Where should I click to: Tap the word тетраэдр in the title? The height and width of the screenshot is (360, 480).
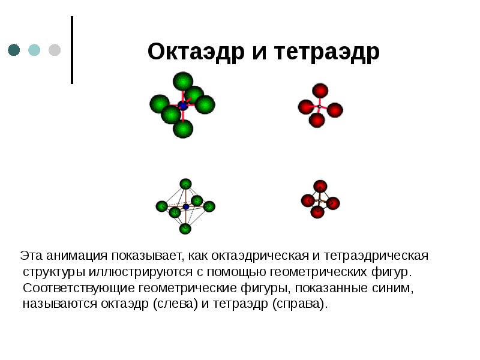pos(328,52)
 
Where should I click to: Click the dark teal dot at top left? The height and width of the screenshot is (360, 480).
pos(14,50)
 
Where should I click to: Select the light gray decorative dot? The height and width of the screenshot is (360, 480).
pos(54,50)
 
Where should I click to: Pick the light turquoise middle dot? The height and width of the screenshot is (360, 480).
pos(34,50)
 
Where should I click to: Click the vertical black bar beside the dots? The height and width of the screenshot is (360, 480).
pos(72,50)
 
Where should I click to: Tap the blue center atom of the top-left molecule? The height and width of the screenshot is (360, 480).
pos(183,106)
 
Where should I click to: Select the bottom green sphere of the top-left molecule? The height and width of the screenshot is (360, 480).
pos(183,128)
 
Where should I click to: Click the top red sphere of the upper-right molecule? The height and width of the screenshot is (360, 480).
pos(320,91)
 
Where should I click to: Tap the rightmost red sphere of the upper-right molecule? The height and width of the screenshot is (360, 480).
pos(335,110)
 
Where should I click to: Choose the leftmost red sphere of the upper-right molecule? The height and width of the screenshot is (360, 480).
pos(306,107)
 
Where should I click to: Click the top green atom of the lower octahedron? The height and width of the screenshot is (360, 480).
pos(185,184)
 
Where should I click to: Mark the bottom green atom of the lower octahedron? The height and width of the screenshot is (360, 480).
pos(185,229)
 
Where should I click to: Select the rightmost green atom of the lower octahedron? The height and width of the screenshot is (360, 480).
pos(209,206)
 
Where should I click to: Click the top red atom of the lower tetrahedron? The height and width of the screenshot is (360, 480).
pos(320,186)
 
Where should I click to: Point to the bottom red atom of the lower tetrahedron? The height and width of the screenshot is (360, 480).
pos(317,212)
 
